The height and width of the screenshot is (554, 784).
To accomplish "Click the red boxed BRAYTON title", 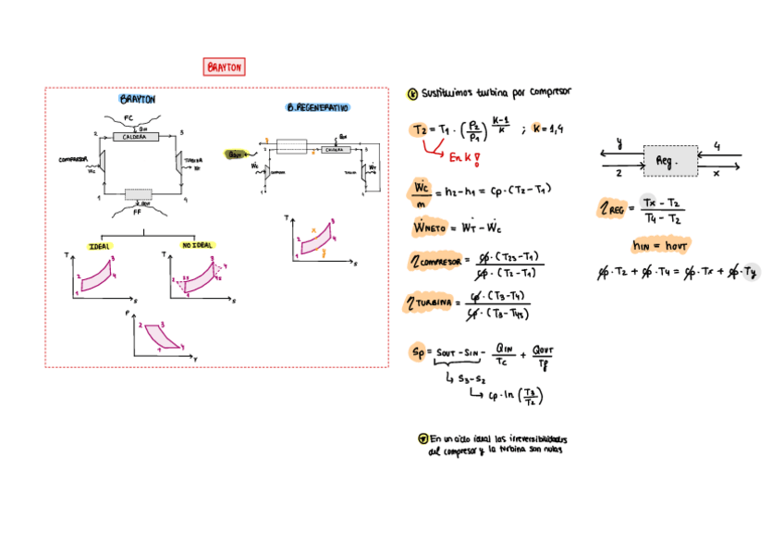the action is click(224, 67).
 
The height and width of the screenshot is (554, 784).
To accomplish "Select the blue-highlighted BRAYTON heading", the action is click(137, 99).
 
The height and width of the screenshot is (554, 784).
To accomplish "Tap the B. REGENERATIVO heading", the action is click(317, 108).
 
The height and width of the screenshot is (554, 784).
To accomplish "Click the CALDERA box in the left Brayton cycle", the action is click(136, 137).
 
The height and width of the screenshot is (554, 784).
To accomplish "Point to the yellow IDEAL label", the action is click(100, 245).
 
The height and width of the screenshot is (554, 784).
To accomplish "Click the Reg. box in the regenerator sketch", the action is click(666, 160).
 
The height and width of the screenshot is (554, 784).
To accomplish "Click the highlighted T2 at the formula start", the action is click(421, 129).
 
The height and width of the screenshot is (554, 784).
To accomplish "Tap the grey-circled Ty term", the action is click(750, 272).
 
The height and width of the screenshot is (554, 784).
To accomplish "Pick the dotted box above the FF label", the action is click(139, 194).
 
